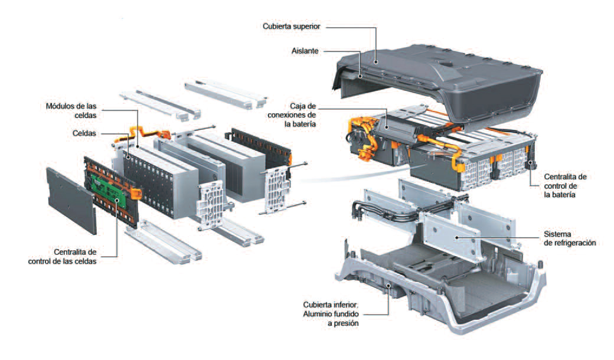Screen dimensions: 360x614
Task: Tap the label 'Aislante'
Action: pos(305,51)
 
